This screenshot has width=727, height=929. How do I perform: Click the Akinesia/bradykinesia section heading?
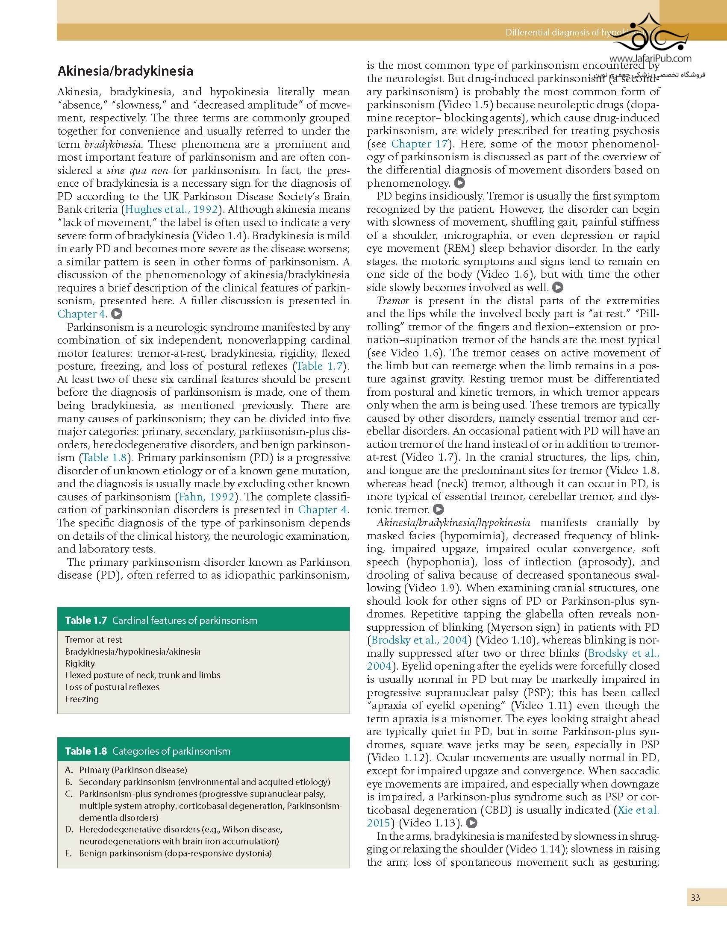(125, 71)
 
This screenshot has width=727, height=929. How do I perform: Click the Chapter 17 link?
(419, 144)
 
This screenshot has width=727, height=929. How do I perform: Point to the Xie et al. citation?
(638, 810)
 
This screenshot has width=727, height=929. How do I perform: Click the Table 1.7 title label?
(85, 620)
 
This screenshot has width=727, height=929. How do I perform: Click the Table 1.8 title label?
(85, 751)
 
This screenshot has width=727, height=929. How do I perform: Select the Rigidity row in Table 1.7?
(80, 663)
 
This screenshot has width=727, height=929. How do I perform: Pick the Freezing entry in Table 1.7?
(82, 699)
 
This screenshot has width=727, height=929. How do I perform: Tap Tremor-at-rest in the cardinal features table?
(93, 640)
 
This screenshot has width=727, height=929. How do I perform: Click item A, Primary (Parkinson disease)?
(132, 770)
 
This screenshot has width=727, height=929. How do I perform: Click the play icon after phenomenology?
(459, 183)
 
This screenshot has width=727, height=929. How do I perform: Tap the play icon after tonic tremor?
(439, 510)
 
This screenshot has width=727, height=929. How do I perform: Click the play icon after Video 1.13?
(471, 823)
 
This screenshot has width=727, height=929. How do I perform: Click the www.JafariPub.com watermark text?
(650, 59)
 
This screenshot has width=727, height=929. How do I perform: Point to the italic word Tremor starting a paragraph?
(393, 301)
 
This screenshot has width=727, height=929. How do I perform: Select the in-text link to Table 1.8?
(104, 458)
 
